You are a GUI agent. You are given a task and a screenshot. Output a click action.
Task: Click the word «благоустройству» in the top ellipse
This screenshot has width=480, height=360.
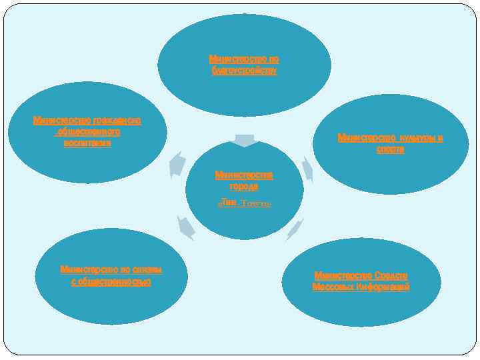click(x=244, y=71)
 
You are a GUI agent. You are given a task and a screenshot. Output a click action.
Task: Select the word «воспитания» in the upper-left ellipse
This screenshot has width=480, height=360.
click(x=87, y=143)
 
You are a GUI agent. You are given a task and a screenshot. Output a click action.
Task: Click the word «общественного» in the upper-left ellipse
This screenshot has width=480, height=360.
click(x=88, y=132)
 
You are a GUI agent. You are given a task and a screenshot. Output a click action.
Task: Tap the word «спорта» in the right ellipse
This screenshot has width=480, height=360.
click(x=390, y=150)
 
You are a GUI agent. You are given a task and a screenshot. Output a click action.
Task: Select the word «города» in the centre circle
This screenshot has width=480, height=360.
click(x=243, y=187)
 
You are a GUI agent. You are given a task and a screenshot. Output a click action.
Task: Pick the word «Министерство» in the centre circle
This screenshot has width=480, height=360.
click(x=243, y=175)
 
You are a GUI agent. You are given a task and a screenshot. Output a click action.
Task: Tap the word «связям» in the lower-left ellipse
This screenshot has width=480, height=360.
click(x=145, y=269)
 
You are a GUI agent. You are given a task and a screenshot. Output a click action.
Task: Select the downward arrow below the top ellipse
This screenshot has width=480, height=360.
click(x=245, y=140)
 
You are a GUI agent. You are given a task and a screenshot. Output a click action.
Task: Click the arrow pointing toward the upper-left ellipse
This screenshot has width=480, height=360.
click(x=177, y=164)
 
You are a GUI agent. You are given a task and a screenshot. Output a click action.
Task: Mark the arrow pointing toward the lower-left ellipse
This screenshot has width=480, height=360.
click(x=185, y=227)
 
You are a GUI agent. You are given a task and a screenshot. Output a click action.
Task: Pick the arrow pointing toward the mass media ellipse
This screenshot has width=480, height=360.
click(x=295, y=229)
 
